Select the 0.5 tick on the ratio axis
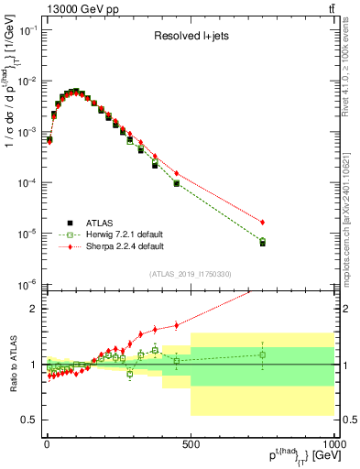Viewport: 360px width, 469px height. (x=29, y=420)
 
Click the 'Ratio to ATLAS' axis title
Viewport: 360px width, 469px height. (x=12, y=364)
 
